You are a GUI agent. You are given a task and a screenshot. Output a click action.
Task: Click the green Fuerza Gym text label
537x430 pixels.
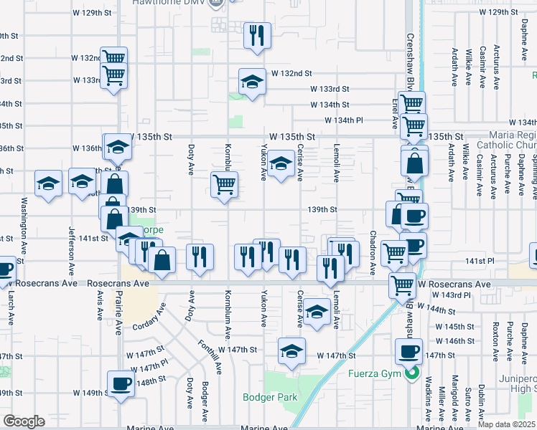click(373, 373)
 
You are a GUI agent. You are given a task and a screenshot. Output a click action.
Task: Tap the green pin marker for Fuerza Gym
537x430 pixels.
click(411, 373)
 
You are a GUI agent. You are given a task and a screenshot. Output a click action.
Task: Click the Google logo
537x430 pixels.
click(24, 421)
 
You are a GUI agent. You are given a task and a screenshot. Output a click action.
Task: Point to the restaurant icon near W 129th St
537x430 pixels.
click(256, 35)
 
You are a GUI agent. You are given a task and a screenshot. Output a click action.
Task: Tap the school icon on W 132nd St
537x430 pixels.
click(252, 83)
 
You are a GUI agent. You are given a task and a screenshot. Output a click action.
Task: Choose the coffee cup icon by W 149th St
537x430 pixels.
click(120, 383)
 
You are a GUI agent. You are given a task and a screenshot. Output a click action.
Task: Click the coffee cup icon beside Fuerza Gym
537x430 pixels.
click(408, 351)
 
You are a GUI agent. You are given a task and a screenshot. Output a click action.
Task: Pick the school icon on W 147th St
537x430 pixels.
click(291, 351)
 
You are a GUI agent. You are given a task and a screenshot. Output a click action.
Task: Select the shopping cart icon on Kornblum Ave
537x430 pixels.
click(224, 184)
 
